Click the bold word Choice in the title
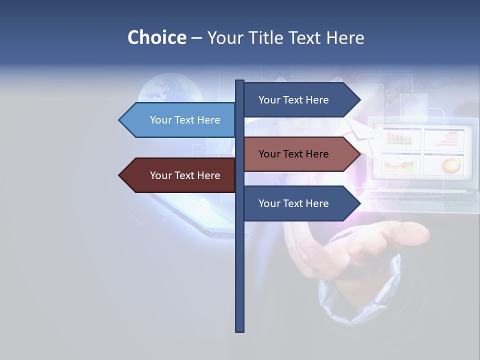pyautogui.click(x=156, y=37)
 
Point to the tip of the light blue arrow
pyautogui.click(x=120, y=120)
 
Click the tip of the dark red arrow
pyautogui.click(x=120, y=175)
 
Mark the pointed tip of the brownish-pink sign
pyautogui.click(x=359, y=154)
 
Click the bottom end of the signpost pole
pyautogui.click(x=240, y=330)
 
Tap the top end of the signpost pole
pyautogui.click(x=240, y=82)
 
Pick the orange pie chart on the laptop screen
pyautogui.click(x=451, y=164)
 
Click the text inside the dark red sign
pyautogui.click(x=185, y=175)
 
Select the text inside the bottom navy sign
pyautogui.click(x=293, y=203)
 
